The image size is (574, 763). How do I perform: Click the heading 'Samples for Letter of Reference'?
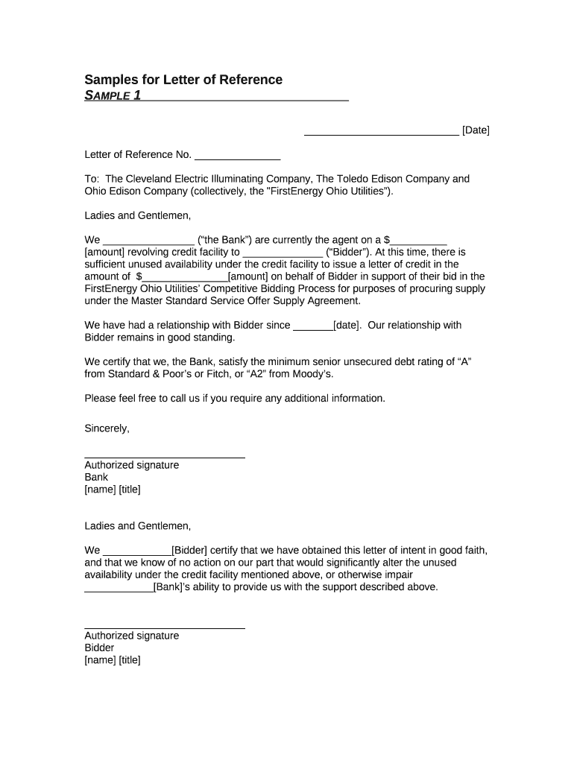point(183,80)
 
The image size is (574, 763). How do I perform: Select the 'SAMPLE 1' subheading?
point(113,95)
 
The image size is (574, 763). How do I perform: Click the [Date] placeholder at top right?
point(476,130)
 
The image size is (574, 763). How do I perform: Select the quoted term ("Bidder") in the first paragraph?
point(344,252)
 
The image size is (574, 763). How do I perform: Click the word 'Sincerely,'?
point(107,428)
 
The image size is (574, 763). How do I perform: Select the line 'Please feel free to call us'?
point(235,398)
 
